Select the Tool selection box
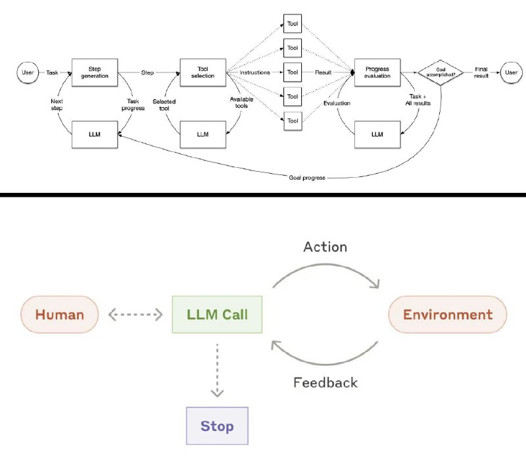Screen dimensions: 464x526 pos(203,72)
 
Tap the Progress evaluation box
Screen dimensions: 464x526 pos(377,72)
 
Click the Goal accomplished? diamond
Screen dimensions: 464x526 pos(440,72)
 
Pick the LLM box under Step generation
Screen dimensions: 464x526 pos(94,134)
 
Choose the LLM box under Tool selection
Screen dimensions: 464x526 pos(203,134)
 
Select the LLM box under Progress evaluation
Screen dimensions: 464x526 pos(377,134)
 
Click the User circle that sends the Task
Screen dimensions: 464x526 pos(26,72)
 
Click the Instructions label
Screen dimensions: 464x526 pos(255,72)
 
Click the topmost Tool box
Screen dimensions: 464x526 pos(292,24)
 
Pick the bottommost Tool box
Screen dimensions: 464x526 pos(292,120)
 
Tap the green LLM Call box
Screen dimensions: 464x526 pos(216,315)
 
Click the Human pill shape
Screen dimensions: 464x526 pos(60,315)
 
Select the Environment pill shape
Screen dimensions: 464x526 pos(448,315)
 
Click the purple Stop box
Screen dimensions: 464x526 pos(217,426)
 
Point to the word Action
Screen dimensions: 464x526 pos(325,247)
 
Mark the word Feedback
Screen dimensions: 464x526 pos(325,382)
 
